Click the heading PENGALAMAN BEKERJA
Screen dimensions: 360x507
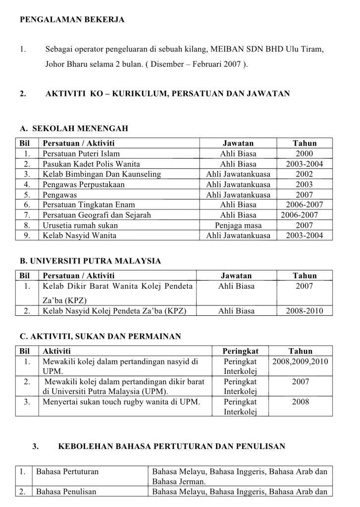(x=72, y=20)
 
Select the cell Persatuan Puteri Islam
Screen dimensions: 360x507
(x=81, y=153)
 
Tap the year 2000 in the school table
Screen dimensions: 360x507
(x=304, y=153)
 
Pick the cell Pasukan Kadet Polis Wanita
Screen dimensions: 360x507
(x=91, y=164)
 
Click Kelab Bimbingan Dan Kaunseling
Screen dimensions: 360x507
(x=102, y=174)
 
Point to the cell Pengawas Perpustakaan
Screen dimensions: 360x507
(x=84, y=185)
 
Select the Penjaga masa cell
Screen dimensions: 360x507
(x=238, y=225)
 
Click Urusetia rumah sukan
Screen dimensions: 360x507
(x=80, y=225)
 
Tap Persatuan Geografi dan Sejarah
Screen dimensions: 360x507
(x=97, y=215)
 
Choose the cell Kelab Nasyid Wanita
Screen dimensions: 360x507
(x=79, y=236)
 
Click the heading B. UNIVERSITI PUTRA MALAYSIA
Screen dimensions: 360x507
(x=90, y=260)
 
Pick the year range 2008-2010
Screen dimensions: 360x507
(x=304, y=311)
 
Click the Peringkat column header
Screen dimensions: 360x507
(x=241, y=351)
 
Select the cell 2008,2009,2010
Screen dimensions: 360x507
(x=300, y=361)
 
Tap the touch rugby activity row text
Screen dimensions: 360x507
(x=121, y=402)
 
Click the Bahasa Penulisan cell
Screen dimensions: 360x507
(x=66, y=492)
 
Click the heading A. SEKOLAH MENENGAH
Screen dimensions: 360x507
(x=74, y=129)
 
